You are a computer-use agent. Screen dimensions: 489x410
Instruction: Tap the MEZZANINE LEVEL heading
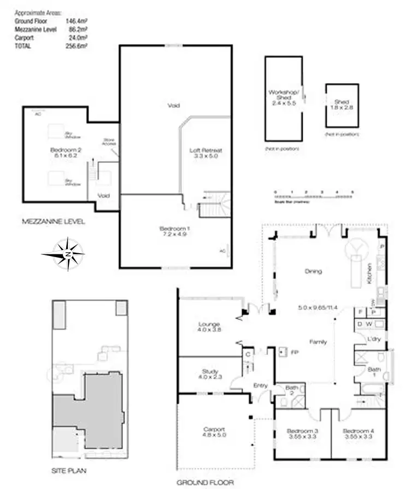click(53, 222)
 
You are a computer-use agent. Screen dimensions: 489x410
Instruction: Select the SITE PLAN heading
click(68, 470)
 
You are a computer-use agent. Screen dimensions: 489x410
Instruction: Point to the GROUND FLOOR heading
click(205, 482)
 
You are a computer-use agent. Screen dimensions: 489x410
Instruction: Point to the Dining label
click(313, 271)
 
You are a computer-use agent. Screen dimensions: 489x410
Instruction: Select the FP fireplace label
click(295, 351)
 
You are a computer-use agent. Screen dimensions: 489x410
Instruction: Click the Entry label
click(260, 386)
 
